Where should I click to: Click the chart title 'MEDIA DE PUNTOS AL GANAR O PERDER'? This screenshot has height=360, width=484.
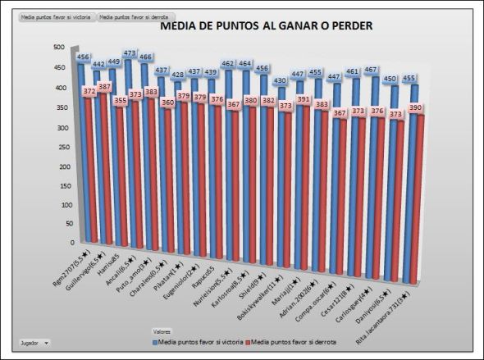pos(267,25)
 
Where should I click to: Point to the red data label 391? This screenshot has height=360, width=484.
pos(303,99)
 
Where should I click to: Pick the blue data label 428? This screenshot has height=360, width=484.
pos(178,75)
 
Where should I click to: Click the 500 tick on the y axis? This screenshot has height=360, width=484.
pos(58,48)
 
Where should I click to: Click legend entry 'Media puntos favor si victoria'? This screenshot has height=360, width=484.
pos(199,341)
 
